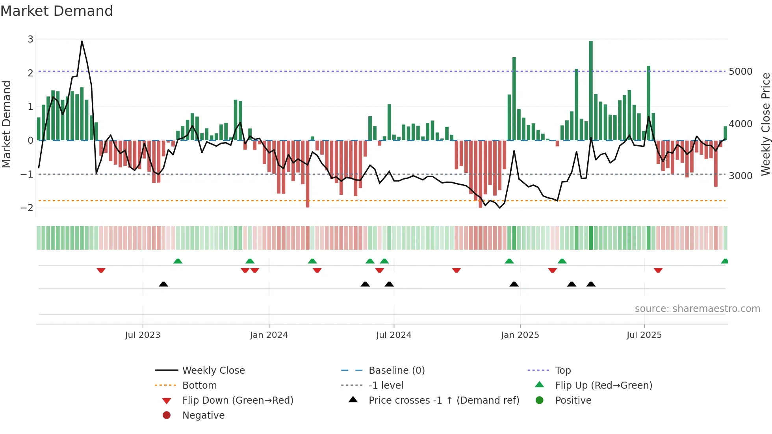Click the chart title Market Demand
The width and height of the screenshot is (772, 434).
pos(57,11)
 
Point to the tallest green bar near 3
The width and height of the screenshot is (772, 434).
pos(591,91)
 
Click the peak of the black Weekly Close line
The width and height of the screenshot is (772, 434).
pos(82,41)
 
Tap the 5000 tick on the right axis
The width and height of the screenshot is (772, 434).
pos(740,72)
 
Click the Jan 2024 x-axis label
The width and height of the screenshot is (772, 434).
pos(269,335)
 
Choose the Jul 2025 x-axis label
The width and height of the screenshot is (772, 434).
pos(644,335)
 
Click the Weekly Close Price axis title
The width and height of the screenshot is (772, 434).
pos(765,124)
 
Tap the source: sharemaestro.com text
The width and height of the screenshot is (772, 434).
pos(697,309)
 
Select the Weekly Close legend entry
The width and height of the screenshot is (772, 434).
pos(213,371)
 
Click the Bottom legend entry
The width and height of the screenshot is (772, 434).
pos(199,386)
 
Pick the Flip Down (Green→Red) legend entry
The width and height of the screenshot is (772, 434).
pos(238,401)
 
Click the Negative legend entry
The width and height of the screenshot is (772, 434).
pos(203,415)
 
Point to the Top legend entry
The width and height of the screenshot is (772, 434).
pos(562,371)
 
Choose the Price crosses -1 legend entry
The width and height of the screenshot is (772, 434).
pos(444,401)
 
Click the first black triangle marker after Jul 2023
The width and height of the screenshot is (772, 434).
pos(163,284)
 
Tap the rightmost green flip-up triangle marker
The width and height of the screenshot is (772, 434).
pos(724,261)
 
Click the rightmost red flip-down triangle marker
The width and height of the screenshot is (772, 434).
pos(658,270)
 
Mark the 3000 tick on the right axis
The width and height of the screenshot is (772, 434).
pos(740,176)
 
